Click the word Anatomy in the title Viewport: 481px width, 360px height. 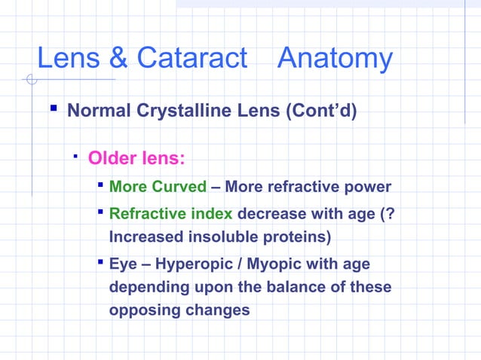click(335, 59)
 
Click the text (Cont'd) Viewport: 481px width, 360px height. click(316, 111)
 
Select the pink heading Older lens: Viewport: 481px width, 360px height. click(136, 159)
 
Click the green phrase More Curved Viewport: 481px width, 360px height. click(158, 187)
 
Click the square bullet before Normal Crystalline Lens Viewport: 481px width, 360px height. click(54, 110)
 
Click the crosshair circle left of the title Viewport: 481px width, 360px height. click(29, 79)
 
